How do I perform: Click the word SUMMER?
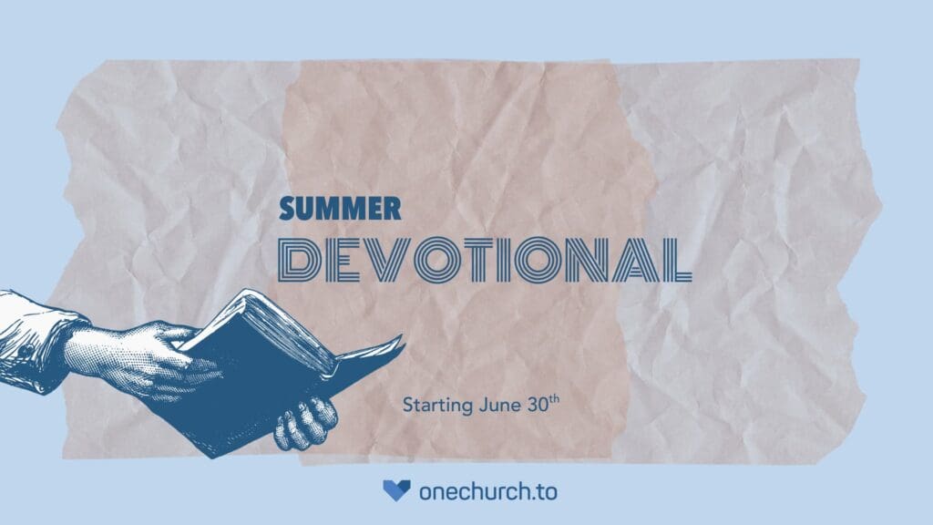(x=340, y=209)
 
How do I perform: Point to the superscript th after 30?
(x=554, y=399)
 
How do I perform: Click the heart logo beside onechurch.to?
(x=396, y=490)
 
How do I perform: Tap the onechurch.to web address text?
(x=488, y=491)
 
